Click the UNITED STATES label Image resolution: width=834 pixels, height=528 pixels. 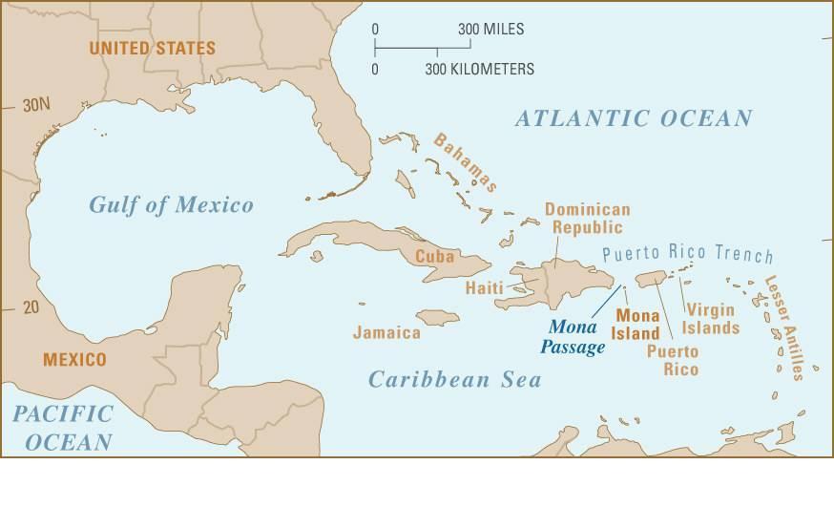(153, 47)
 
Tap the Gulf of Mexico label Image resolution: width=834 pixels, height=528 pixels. (172, 204)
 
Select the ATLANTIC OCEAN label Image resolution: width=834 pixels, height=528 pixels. (634, 118)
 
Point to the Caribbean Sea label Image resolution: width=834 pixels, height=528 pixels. (455, 379)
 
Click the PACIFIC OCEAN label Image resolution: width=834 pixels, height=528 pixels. (62, 428)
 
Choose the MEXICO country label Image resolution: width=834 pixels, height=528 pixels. (74, 360)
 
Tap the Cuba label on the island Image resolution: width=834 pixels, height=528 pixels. (433, 257)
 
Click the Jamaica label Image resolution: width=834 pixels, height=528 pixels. (386, 332)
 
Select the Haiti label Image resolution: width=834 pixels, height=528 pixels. (484, 287)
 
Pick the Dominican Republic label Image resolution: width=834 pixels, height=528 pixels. (587, 218)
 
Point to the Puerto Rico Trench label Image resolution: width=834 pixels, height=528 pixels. (687, 254)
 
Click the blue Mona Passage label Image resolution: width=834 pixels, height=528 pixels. (575, 337)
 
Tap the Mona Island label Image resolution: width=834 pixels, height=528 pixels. (636, 324)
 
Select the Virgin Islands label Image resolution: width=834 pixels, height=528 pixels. (710, 319)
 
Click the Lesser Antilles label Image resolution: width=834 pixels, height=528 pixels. (784, 327)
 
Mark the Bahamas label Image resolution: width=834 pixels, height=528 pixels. (466, 162)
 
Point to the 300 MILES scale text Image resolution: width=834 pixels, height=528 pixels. (490, 30)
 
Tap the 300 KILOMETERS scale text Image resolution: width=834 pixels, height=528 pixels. (479, 69)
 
